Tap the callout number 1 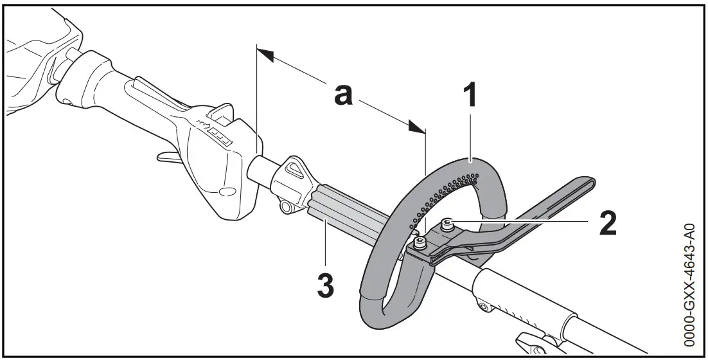pyautogui.click(x=470, y=96)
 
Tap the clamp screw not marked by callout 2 pyautogui.click(x=420, y=242)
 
